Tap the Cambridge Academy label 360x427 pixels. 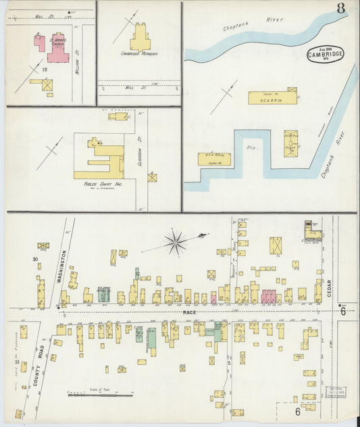[139, 53]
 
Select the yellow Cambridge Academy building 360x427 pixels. [140, 37]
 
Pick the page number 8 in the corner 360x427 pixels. [342, 9]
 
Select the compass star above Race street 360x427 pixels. [176, 241]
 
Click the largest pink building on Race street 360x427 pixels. [269, 296]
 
